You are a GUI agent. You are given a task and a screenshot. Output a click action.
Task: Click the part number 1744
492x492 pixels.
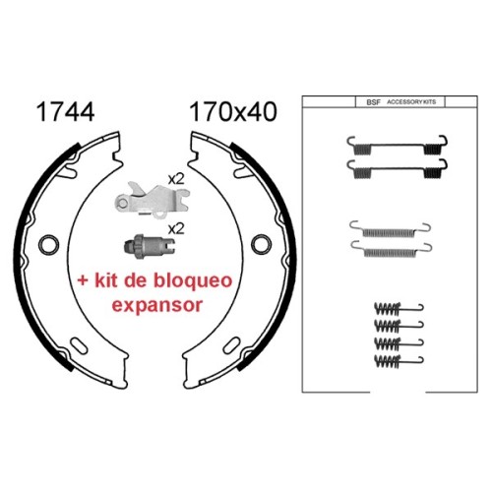click(66, 112)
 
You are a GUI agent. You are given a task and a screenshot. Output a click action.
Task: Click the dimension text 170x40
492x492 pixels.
click(233, 112)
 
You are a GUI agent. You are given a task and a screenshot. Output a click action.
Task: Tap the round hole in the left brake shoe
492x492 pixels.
click(49, 244)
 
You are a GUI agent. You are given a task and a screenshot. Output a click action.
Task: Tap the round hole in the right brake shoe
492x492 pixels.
click(262, 244)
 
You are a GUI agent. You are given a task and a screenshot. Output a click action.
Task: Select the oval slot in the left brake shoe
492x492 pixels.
click(79, 346)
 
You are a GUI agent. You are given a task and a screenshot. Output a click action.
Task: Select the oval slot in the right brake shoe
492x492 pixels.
click(231, 345)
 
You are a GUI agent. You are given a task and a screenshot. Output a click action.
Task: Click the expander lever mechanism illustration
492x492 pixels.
click(152, 200)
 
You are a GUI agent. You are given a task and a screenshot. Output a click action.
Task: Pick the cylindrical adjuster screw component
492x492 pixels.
click(150, 246)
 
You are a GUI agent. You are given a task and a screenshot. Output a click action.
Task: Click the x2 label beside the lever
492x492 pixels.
click(176, 179)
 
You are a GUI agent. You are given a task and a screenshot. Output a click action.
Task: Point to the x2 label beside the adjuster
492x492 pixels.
click(176, 228)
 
